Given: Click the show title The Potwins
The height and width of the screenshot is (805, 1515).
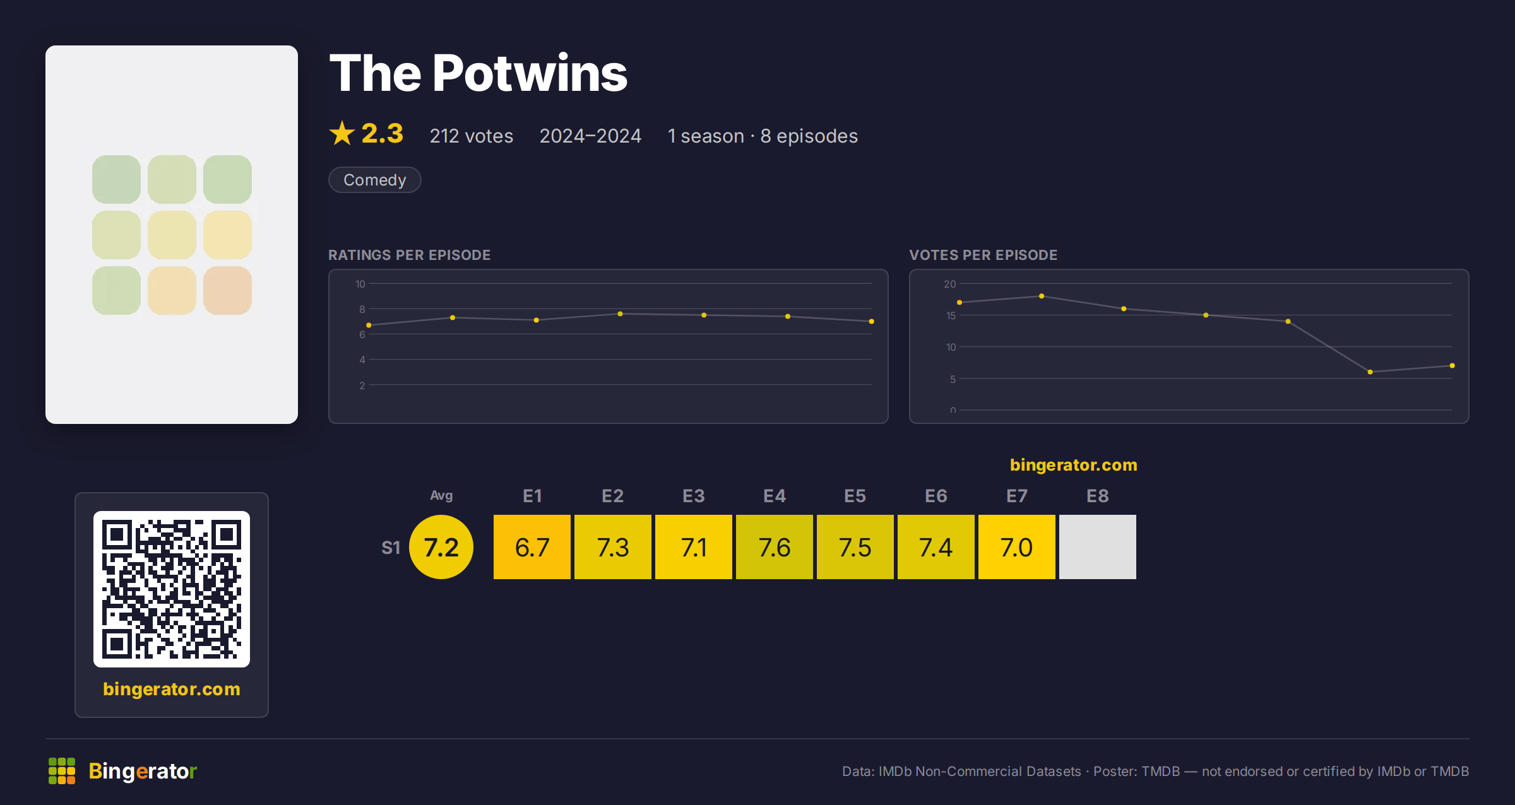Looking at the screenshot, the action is (478, 73).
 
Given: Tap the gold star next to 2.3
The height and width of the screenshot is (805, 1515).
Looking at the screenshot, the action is (342, 133).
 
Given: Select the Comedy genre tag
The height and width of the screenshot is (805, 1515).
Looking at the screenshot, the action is (375, 180).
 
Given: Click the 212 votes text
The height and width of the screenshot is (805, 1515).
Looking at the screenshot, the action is (472, 136).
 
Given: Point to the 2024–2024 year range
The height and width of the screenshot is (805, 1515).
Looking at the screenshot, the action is (590, 136).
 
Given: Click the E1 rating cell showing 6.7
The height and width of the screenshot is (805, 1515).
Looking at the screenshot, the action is (532, 547).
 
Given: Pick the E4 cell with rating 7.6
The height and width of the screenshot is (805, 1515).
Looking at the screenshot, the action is (775, 547).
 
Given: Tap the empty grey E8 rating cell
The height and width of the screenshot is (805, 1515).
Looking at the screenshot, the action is (1098, 547).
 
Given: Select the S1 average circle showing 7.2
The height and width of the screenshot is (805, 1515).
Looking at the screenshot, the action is (441, 547).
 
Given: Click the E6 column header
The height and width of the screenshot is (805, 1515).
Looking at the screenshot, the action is (936, 496).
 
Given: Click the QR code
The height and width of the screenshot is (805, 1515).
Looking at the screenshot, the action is (172, 589).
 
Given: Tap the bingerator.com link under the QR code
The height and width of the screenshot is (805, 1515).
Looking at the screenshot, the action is (172, 689).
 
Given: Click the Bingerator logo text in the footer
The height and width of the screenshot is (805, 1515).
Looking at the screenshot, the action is (143, 771).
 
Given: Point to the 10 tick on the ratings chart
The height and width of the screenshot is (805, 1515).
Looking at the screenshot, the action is (360, 284).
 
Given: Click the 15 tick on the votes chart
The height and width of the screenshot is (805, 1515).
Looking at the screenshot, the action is (951, 315).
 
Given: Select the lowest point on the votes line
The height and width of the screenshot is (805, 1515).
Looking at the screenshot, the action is (1370, 372).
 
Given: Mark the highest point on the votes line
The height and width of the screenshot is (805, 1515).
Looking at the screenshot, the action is (1042, 296).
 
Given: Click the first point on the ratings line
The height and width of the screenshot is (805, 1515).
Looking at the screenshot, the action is (369, 326).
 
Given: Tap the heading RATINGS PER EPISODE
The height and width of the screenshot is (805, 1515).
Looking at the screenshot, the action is (410, 255).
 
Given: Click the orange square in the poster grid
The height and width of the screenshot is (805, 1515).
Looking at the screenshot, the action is (227, 290).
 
